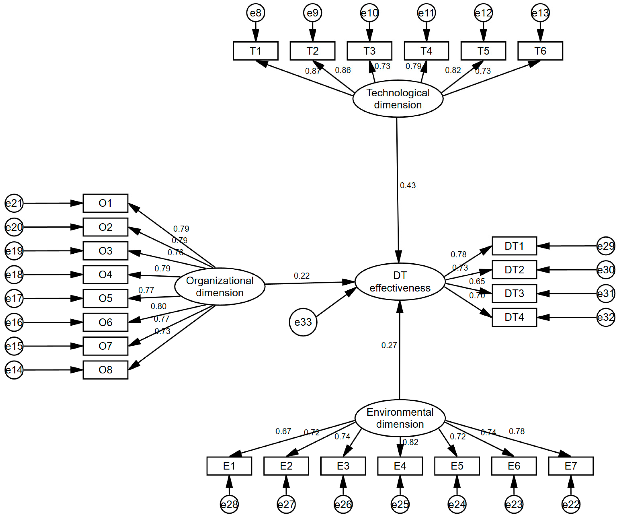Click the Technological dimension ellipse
(398, 99)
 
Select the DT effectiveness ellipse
(400, 282)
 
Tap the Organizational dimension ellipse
(220, 287)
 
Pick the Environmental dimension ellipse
(400, 418)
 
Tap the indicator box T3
(369, 51)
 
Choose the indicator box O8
(105, 370)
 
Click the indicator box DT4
(514, 317)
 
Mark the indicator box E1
(229, 466)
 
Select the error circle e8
(256, 13)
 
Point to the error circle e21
(14, 203)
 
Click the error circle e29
(605, 246)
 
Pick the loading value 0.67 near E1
(283, 431)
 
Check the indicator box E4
(400, 466)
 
